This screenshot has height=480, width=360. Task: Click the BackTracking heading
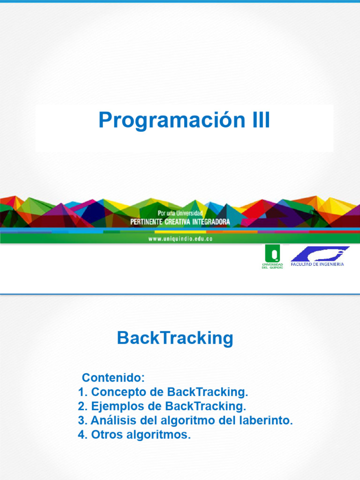coord(175,338)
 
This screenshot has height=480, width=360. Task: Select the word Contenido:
coord(113,378)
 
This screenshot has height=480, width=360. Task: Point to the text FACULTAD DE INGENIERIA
coord(317,264)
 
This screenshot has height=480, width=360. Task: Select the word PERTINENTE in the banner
coord(147,222)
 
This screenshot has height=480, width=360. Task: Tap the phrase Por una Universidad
coord(180,213)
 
